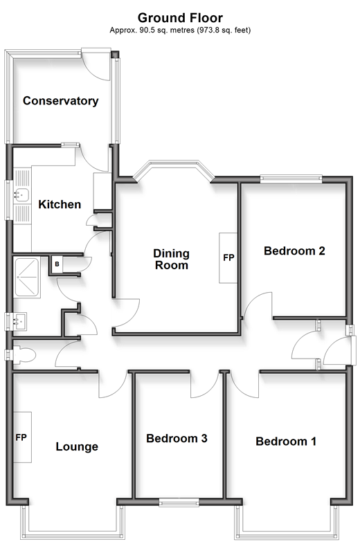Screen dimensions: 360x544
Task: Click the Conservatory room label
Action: pyautogui.click(x=61, y=101)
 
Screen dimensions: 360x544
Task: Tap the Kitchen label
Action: pyautogui.click(x=60, y=204)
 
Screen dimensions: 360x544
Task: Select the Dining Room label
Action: pyautogui.click(x=172, y=259)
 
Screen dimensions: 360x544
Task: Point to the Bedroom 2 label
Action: pyautogui.click(x=294, y=251)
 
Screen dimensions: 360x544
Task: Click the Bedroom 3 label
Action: pyautogui.click(x=177, y=439)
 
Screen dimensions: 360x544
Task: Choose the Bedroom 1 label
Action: pyautogui.click(x=286, y=442)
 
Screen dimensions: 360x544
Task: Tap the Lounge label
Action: pyautogui.click(x=77, y=446)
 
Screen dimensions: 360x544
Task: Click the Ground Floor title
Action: pyautogui.click(x=180, y=18)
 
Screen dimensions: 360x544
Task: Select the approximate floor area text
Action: pyautogui.click(x=180, y=30)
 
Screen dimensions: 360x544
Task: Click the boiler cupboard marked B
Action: pyautogui.click(x=57, y=264)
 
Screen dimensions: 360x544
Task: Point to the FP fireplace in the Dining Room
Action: pyautogui.click(x=228, y=257)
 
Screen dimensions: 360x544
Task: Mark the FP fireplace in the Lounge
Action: pyautogui.click(x=22, y=437)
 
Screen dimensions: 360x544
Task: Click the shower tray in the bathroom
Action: pyautogui.click(x=27, y=278)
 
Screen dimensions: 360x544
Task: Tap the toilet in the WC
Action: pyautogui.click(x=24, y=355)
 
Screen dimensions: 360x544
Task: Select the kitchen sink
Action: pyautogui.click(x=22, y=195)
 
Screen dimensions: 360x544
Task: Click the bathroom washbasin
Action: pyautogui.click(x=19, y=322)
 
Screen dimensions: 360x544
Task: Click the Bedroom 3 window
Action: pyautogui.click(x=179, y=502)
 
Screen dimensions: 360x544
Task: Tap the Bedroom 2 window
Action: pyautogui.click(x=291, y=179)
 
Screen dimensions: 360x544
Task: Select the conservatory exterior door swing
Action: pyautogui.click(x=97, y=66)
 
